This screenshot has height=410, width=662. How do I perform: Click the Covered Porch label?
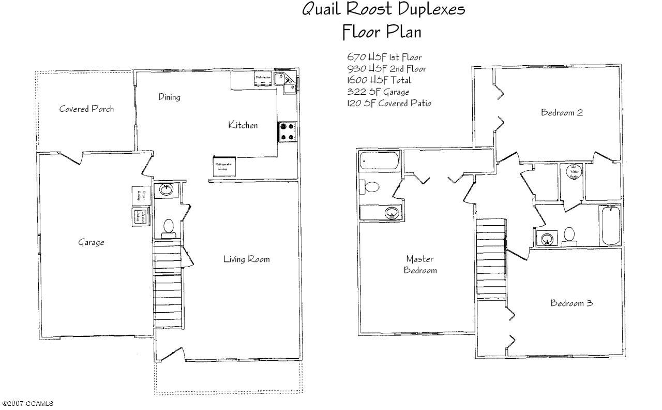click(x=86, y=109)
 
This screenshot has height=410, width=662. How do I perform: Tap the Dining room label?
click(x=169, y=97)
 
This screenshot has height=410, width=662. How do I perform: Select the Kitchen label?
click(x=243, y=125)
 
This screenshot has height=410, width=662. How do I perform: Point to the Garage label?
click(x=91, y=242)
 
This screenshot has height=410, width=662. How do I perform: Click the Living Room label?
click(x=246, y=259)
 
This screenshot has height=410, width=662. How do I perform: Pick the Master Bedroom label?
click(x=420, y=264)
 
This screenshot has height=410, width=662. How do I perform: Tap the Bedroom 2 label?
click(x=562, y=112)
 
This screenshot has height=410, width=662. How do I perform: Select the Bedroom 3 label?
click(x=571, y=303)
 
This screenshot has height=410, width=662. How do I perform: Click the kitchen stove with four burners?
click(x=288, y=131)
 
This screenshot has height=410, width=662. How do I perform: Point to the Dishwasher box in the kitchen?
click(x=263, y=78)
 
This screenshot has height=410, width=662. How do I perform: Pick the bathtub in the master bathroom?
click(x=379, y=163)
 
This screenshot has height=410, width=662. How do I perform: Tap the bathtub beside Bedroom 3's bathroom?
click(x=610, y=226)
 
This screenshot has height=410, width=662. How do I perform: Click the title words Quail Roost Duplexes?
click(x=383, y=9)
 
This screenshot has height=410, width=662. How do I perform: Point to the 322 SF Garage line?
click(x=378, y=92)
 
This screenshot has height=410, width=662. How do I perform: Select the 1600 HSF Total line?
click(x=379, y=80)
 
